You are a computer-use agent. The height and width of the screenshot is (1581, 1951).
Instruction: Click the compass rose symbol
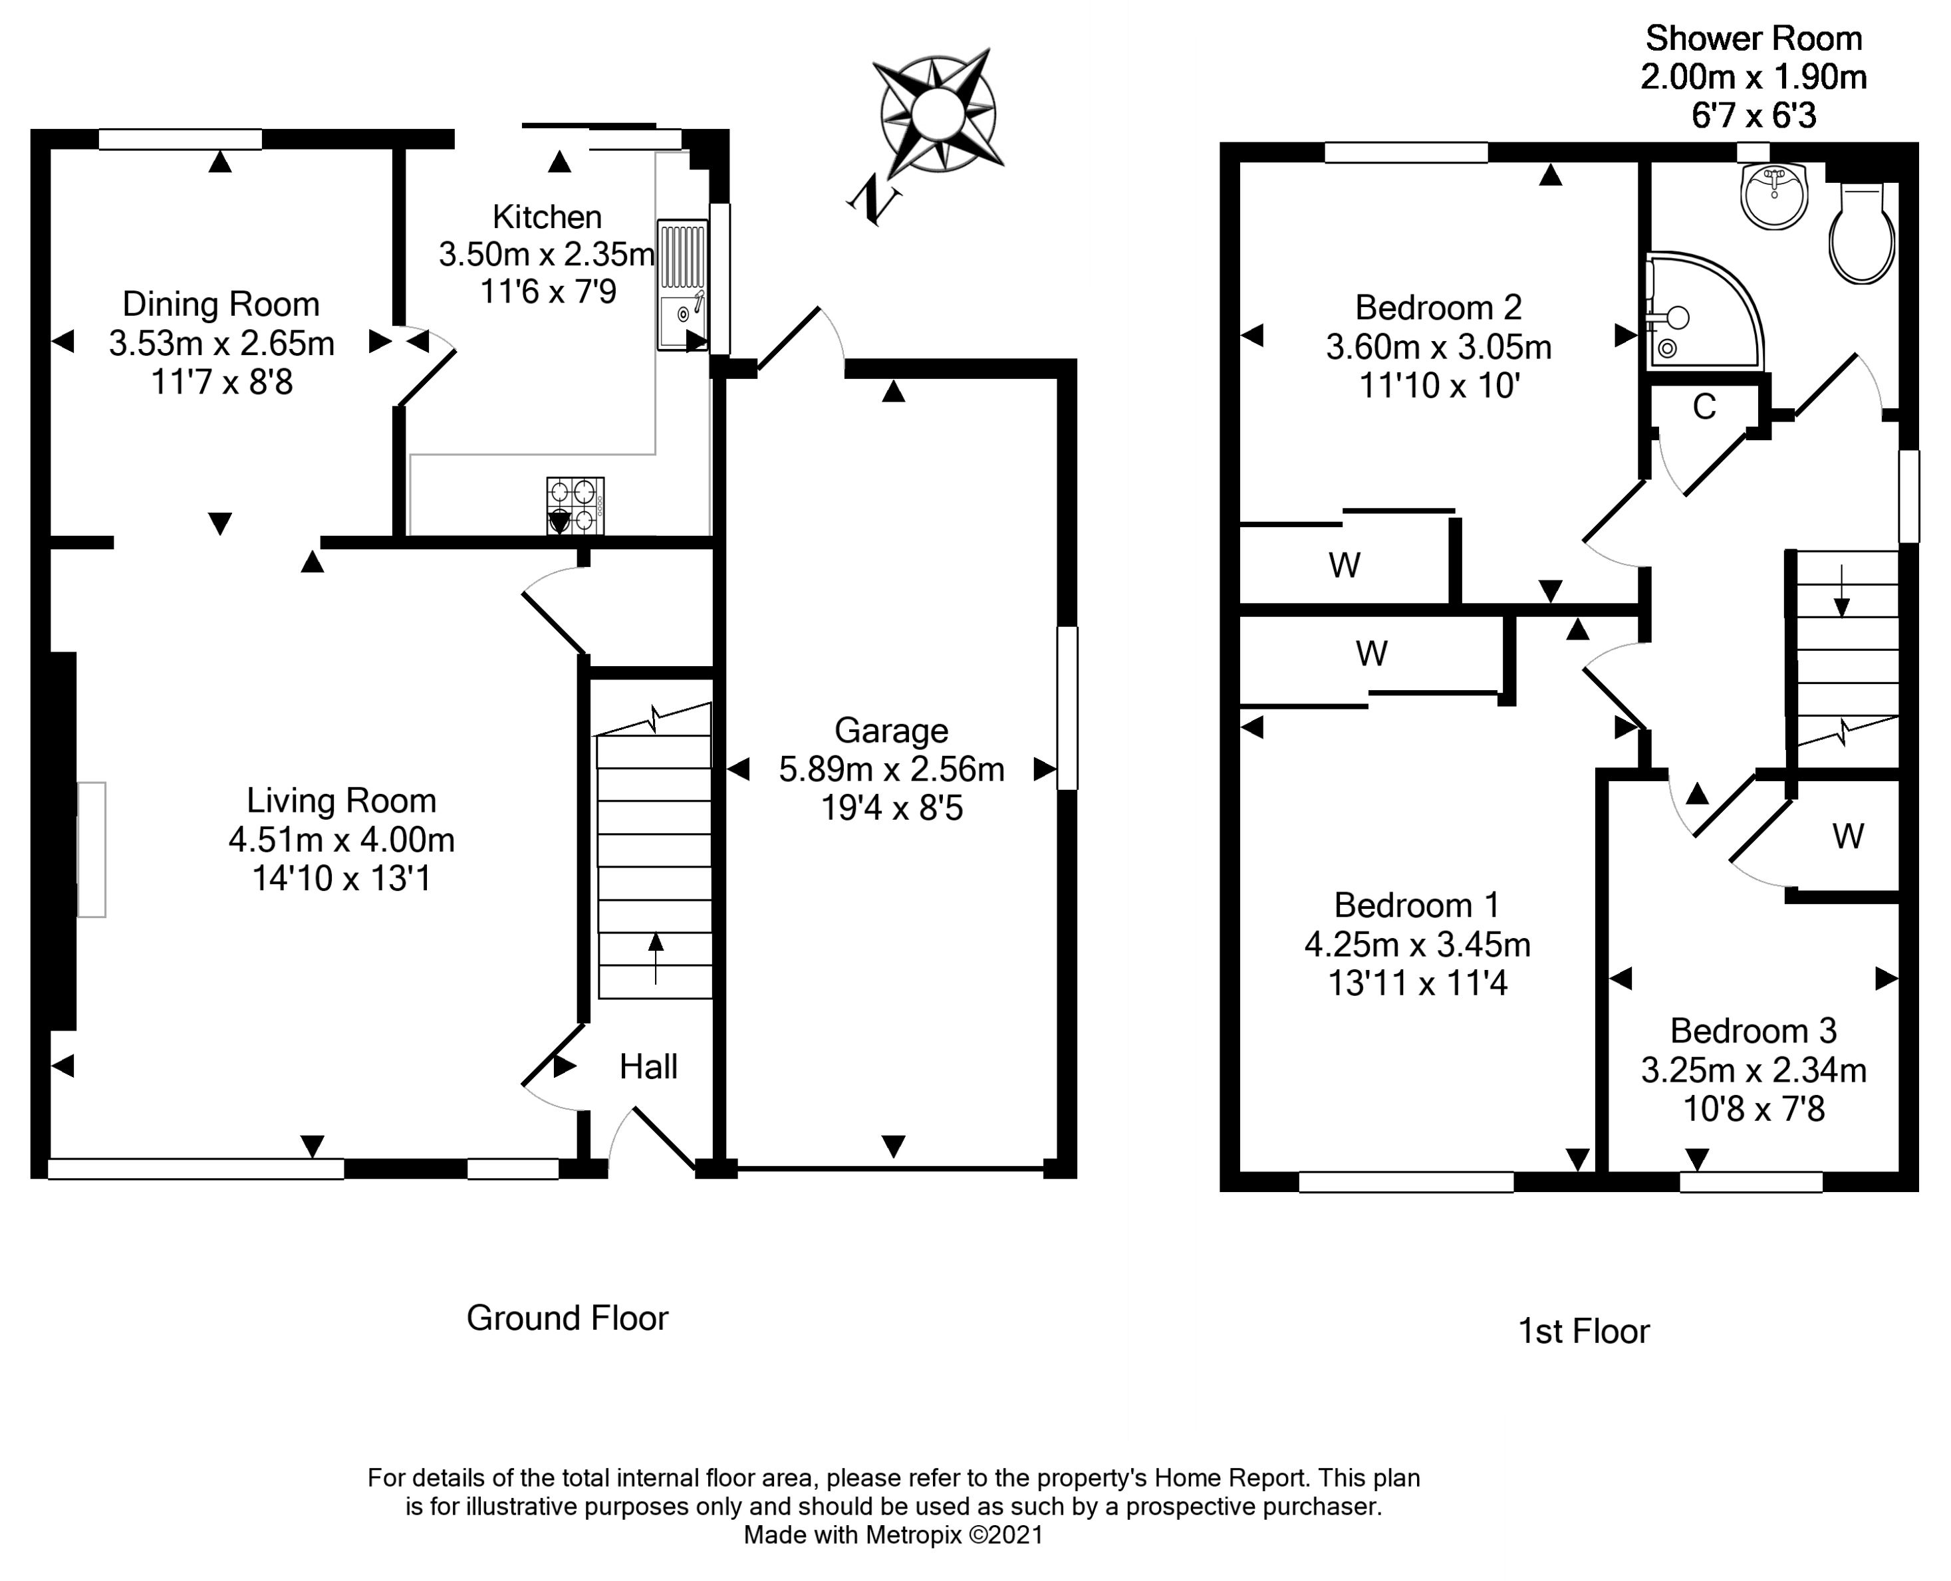click(936, 115)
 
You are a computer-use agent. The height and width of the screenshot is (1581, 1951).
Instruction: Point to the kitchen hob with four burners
click(575, 505)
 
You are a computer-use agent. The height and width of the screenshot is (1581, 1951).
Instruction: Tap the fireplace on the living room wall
click(91, 849)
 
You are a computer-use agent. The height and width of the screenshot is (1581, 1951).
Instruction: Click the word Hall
click(648, 1066)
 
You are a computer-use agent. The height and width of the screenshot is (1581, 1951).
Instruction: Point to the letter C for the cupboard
click(1704, 407)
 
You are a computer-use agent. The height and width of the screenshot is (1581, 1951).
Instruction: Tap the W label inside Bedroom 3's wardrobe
click(1848, 836)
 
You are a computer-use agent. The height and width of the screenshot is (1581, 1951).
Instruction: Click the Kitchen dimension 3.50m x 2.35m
click(547, 254)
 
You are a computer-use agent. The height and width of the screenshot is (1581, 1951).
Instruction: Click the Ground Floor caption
click(567, 1318)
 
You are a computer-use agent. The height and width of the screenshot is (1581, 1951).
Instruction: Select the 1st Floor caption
click(1583, 1332)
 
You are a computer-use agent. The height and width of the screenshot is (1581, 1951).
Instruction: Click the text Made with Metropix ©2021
click(892, 1536)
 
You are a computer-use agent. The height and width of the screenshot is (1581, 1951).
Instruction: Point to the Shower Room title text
click(1754, 39)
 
